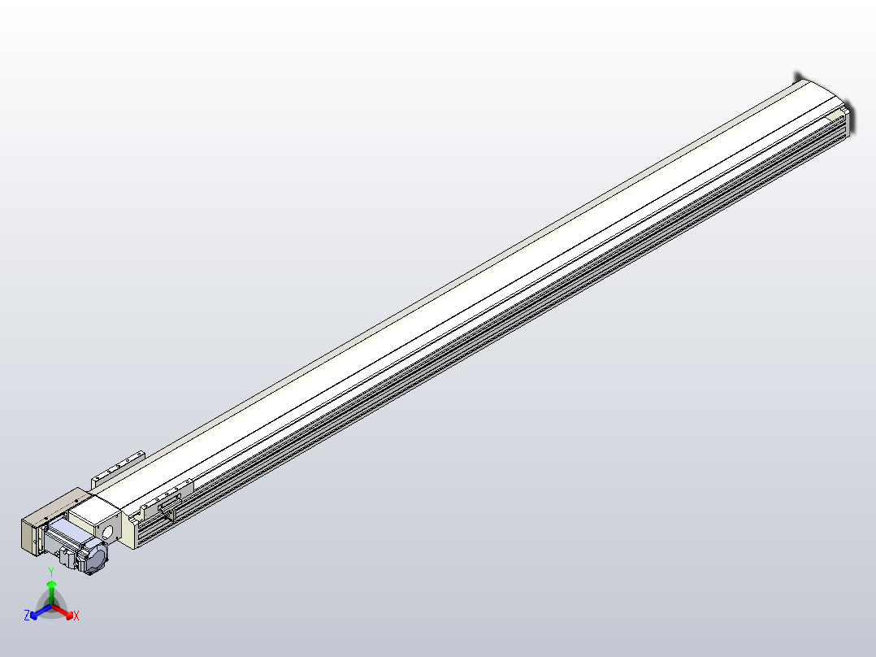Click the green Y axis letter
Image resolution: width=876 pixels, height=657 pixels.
click(x=51, y=572)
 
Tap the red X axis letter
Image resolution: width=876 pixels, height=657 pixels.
click(x=76, y=616)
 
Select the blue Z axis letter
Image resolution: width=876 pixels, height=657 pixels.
click(x=27, y=616)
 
